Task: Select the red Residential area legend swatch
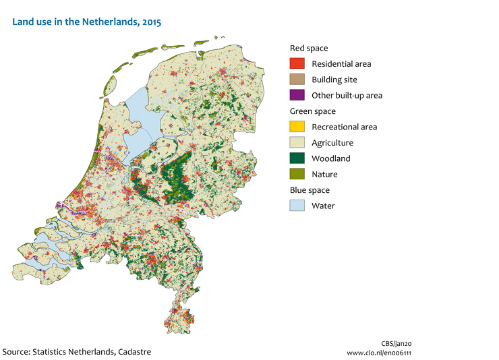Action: click(297, 64)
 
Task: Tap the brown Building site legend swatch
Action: click(297, 80)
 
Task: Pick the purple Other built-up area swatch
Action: click(297, 95)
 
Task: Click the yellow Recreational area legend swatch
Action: click(297, 127)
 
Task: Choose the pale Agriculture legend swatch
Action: click(297, 143)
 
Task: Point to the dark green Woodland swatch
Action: click(297, 158)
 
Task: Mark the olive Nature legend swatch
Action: click(297, 175)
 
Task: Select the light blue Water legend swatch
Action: click(297, 206)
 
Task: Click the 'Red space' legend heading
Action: click(309, 48)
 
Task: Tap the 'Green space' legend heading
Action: click(313, 111)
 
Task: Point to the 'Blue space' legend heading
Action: click(310, 190)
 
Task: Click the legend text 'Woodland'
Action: click(330, 159)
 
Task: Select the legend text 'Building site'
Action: click(336, 80)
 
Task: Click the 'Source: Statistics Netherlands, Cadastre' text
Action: click(77, 352)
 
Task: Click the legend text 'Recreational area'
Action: click(344, 127)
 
